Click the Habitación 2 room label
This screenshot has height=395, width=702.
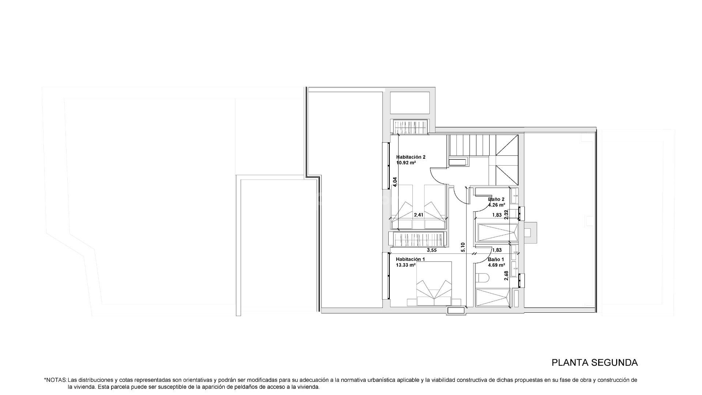tap(411, 157)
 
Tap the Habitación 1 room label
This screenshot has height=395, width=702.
tap(411, 259)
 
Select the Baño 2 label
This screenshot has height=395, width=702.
tap(496, 199)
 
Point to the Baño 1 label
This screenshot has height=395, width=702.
tap(496, 259)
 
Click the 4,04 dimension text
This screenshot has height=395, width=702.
tap(395, 182)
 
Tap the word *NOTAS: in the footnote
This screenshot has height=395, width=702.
tap(55, 380)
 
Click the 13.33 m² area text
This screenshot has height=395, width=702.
tap(405, 265)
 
